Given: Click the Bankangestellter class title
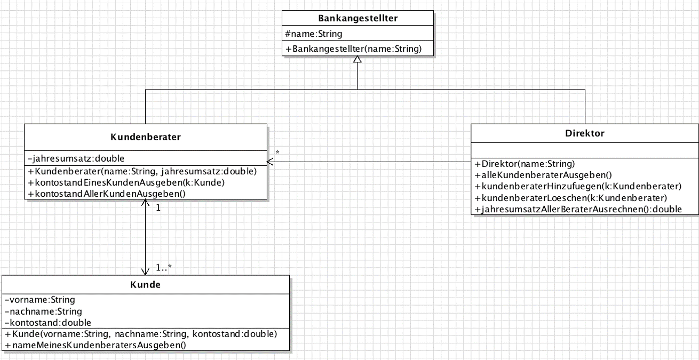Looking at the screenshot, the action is pyautogui.click(x=358, y=18).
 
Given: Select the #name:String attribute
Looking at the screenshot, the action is pyautogui.click(x=313, y=34).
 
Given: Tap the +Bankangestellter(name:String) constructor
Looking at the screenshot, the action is pyautogui.click(x=353, y=49).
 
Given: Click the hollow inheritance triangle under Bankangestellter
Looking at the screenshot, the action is pyautogui.click(x=358, y=59).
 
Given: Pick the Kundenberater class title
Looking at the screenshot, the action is pyautogui.click(x=146, y=137).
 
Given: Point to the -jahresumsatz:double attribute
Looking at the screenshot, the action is pyautogui.click(x=76, y=158).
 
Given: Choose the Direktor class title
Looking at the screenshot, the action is pyautogui.click(x=584, y=133).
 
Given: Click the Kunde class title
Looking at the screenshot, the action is pyautogui.click(x=146, y=284).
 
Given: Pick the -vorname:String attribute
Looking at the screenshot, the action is pyautogui.click(x=39, y=300).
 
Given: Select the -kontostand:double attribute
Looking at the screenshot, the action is pyautogui.click(x=47, y=323).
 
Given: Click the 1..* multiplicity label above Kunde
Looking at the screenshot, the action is pyautogui.click(x=164, y=267).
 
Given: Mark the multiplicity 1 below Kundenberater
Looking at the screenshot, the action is pyautogui.click(x=158, y=208).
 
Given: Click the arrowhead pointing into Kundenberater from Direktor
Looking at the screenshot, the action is pyautogui.click(x=269, y=162).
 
